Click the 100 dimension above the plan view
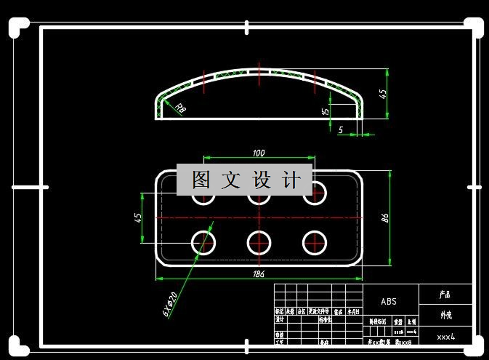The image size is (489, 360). pos(258,153)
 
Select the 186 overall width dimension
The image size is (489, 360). pos(258,274)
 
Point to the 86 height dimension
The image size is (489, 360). pos(386,217)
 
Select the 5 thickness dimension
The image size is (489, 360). pos(341,129)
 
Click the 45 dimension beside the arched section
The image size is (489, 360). pos(383,93)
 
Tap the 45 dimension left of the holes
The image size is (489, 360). pos(138,218)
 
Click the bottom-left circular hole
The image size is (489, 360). pos(203,242)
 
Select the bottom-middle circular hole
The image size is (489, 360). pos(259,242)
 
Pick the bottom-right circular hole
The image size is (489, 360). pos(315,242)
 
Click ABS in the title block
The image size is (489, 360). pos(389,301)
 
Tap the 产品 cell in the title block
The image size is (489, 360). pos(445,295)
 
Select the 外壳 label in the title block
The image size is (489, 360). pos(445,316)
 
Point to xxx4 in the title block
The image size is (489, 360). pos(445,337)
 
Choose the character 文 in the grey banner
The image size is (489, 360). pos(232,180)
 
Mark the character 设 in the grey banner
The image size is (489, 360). pos(262,180)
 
